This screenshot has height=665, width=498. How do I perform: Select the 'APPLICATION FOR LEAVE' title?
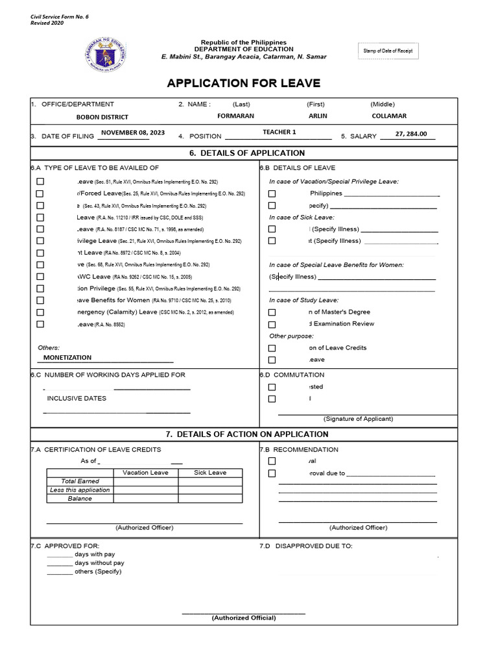[x=243, y=84]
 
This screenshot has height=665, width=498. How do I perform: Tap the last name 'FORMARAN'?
[x=218, y=116]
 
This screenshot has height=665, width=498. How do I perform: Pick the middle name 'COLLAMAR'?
[x=389, y=116]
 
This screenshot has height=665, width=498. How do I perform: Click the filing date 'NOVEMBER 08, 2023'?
[x=133, y=132]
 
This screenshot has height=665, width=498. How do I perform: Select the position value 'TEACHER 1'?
[x=279, y=132]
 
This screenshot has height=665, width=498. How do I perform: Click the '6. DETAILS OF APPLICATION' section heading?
[x=244, y=153]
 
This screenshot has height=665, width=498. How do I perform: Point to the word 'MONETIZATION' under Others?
[x=67, y=357]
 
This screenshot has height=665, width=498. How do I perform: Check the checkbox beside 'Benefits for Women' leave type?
[x=40, y=301]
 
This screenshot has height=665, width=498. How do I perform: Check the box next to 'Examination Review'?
[x=272, y=324]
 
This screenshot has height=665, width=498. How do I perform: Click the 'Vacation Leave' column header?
[x=145, y=473]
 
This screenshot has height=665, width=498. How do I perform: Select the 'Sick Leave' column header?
[x=210, y=473]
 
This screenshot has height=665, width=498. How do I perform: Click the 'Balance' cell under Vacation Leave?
[x=145, y=499]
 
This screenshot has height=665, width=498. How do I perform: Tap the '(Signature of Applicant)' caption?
[x=357, y=419]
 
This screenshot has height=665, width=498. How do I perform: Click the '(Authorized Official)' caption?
[x=244, y=618]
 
